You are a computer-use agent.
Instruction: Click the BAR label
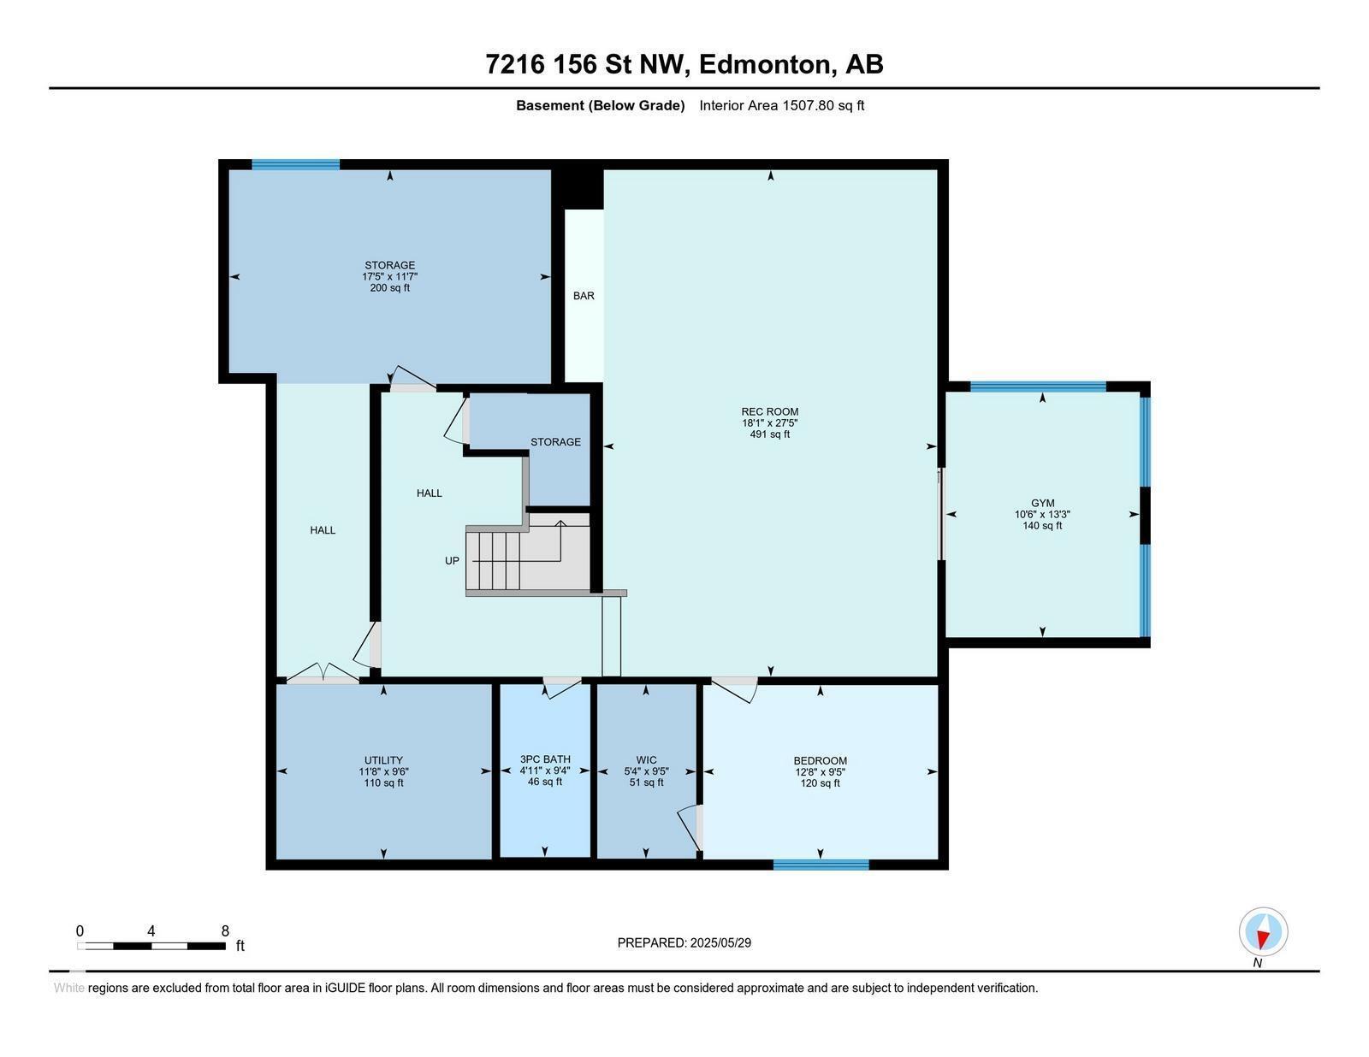click(584, 296)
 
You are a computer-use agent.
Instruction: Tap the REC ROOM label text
click(769, 411)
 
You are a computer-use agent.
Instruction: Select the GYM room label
click(1042, 503)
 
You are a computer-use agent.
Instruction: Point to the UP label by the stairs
click(452, 561)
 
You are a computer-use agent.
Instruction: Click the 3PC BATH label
click(545, 759)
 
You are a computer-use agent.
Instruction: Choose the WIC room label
click(646, 759)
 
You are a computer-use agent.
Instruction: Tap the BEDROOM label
click(820, 760)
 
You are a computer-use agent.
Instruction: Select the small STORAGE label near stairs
click(555, 442)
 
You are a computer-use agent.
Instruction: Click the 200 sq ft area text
click(389, 288)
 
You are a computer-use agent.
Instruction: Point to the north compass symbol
click(1263, 932)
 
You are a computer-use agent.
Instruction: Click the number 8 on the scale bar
click(225, 931)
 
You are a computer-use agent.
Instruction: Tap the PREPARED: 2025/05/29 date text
click(684, 942)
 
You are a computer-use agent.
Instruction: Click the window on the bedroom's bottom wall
click(821, 865)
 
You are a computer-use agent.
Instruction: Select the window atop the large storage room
click(295, 164)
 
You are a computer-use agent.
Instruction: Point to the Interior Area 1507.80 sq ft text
click(781, 106)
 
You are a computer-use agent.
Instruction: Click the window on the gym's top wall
click(1038, 387)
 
